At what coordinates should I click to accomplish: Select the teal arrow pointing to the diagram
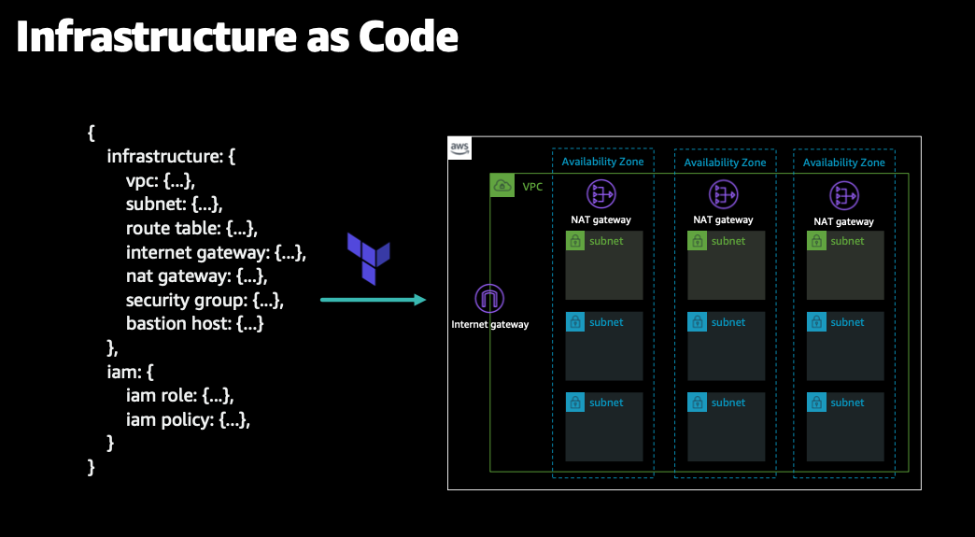(x=373, y=300)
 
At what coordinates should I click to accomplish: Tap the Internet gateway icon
(x=490, y=299)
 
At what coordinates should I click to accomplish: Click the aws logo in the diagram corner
(x=459, y=148)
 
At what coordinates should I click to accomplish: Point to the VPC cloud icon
(x=502, y=186)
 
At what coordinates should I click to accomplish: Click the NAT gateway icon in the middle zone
(x=723, y=194)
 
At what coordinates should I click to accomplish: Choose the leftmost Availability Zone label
(x=602, y=163)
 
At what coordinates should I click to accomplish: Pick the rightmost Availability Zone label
(x=843, y=163)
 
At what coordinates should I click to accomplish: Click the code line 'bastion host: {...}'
(x=194, y=324)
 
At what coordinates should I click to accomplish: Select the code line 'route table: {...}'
(x=191, y=228)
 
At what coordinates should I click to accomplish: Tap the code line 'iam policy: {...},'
(x=188, y=420)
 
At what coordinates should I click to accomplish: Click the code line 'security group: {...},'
(x=205, y=300)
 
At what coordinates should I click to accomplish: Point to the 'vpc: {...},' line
(x=160, y=179)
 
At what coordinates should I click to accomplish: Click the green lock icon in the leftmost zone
(x=575, y=241)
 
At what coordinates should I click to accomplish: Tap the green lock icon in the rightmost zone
(x=816, y=241)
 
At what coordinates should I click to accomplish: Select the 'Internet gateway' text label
(x=490, y=325)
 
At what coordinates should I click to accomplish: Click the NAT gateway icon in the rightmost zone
(x=844, y=194)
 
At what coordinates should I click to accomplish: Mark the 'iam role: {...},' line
(x=179, y=396)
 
